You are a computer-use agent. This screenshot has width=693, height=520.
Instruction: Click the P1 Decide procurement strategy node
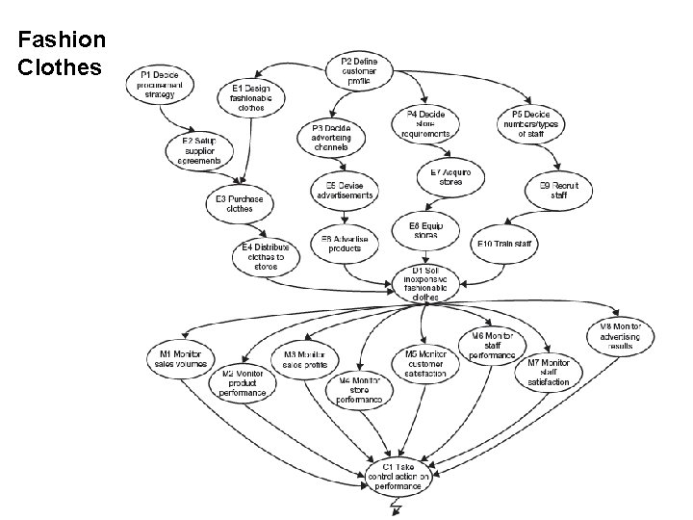160,84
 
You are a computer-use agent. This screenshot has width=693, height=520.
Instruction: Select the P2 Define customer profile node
367,70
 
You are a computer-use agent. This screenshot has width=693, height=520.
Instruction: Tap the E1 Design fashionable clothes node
251,97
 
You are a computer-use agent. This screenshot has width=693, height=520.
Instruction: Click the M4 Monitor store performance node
358,388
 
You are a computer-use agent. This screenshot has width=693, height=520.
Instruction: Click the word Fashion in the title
62,40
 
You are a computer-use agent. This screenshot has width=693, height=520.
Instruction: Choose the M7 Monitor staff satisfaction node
549,372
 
